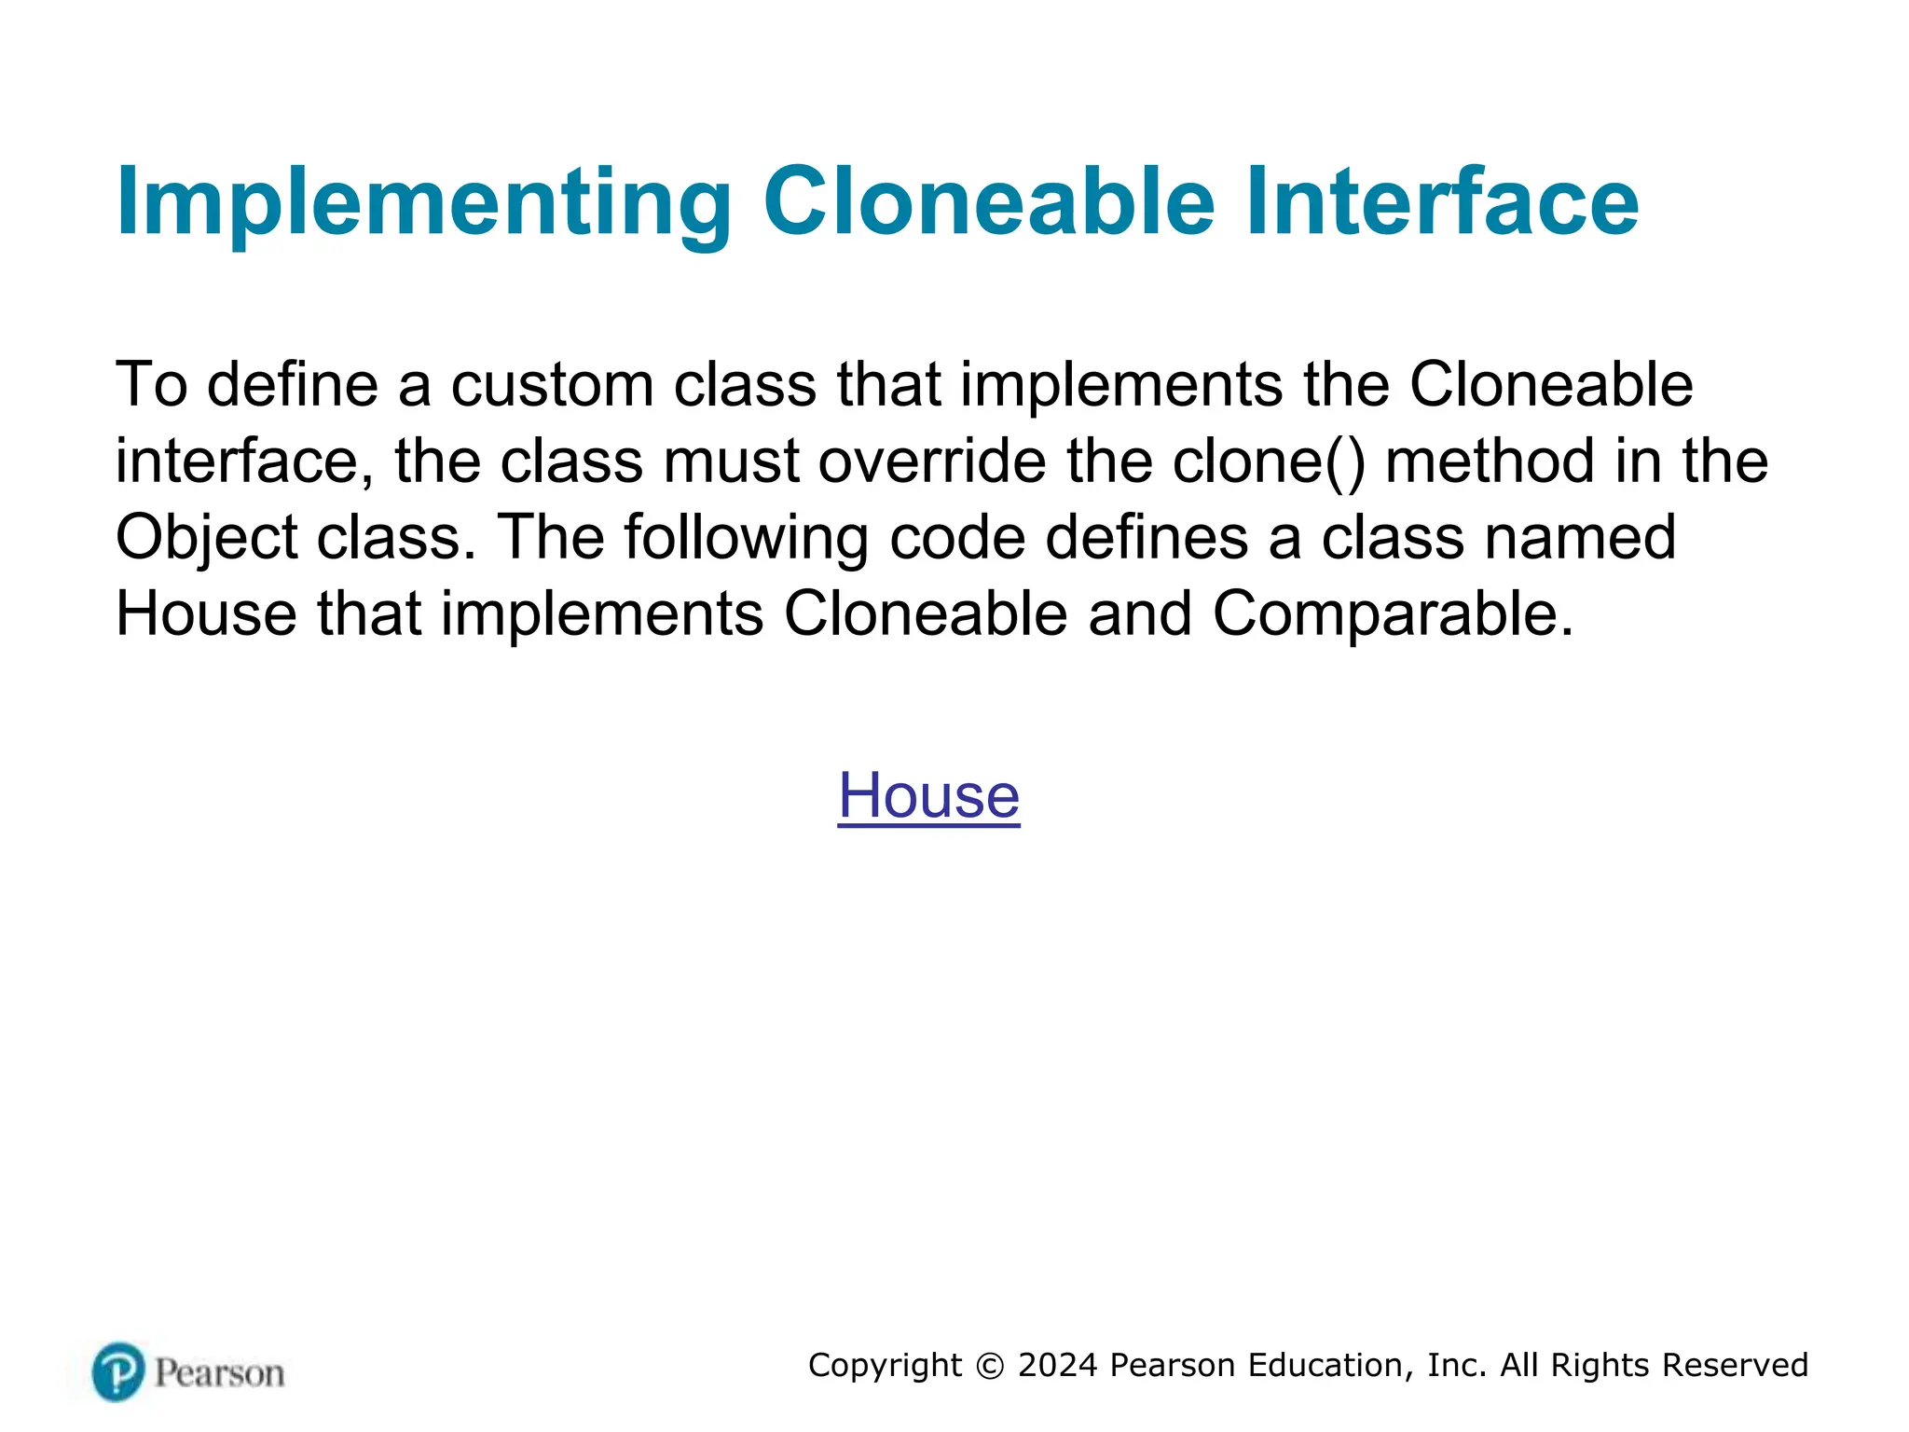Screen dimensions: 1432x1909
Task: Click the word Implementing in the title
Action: pos(424,202)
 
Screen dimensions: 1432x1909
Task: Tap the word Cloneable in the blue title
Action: pos(989,202)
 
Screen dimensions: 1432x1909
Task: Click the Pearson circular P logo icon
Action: pos(118,1371)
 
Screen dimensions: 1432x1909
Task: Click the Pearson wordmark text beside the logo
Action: pos(219,1373)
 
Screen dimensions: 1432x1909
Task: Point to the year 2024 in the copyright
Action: pos(1058,1365)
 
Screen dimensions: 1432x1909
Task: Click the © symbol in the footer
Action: pos(990,1366)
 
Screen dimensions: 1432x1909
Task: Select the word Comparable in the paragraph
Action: pos(1393,613)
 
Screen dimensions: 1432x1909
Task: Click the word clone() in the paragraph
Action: pos(1269,461)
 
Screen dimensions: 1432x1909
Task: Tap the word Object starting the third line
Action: pos(206,538)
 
